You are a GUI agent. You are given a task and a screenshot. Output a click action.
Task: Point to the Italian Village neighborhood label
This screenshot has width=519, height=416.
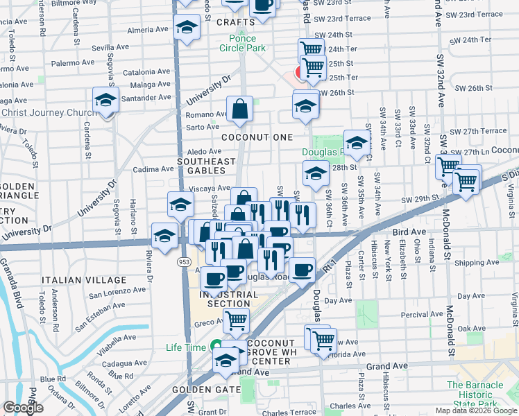click(x=83, y=279)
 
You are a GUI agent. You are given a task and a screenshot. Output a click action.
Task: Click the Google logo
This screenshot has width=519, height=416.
click(x=24, y=408)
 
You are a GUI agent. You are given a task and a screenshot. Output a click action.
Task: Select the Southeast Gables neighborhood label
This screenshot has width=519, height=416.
click(x=201, y=166)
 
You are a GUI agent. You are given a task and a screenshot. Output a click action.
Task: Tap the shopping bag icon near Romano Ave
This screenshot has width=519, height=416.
click(x=239, y=110)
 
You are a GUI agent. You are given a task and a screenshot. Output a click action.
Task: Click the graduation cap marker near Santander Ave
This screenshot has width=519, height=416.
click(x=105, y=101)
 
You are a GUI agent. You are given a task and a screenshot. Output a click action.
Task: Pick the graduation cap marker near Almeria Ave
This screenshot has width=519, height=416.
click(x=187, y=28)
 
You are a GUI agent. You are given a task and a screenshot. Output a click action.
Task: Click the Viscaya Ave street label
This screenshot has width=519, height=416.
click(x=208, y=188)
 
